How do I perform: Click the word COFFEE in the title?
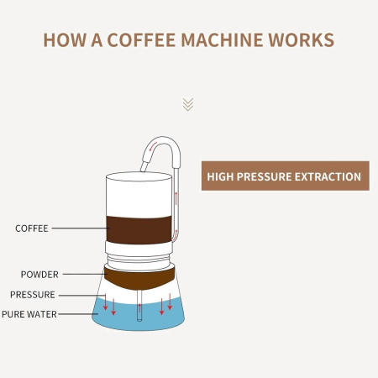[x=141, y=39]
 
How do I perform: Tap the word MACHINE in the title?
[x=222, y=39]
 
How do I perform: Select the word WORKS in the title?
[x=301, y=39]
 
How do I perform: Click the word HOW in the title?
[x=64, y=39]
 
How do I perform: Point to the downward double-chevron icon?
[x=188, y=104]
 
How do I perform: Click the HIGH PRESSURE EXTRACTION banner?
[x=286, y=176]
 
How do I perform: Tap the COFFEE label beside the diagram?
[x=32, y=228]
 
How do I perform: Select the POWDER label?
[x=39, y=275]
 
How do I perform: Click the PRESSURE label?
[x=33, y=295]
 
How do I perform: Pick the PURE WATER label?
[x=29, y=314]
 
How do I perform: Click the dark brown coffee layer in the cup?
[x=139, y=230]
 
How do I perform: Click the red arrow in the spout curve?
[x=153, y=146]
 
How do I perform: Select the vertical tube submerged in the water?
[x=139, y=306]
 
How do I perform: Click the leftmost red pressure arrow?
[x=105, y=302]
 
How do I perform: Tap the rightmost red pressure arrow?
[x=170, y=302]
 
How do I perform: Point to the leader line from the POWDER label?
[x=84, y=274]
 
